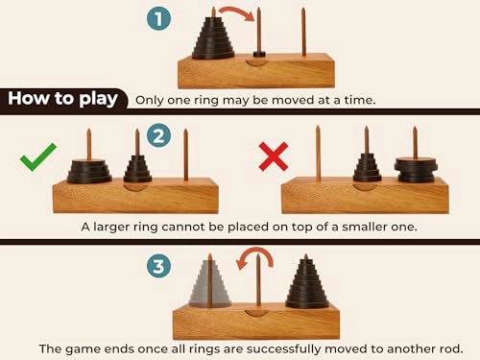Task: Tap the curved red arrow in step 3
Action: tap(258, 257)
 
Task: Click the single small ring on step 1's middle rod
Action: tap(257, 53)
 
